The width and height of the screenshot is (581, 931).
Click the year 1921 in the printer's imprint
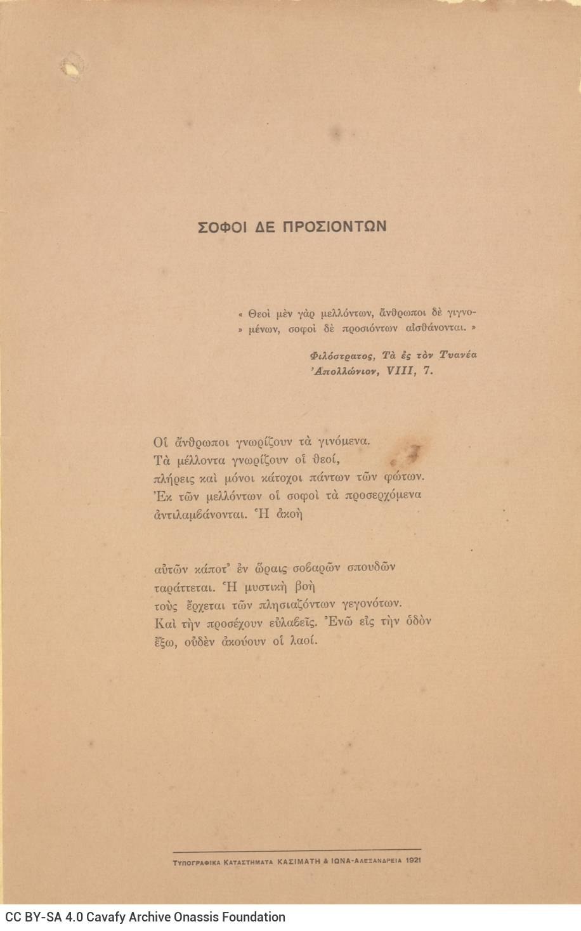click(x=413, y=861)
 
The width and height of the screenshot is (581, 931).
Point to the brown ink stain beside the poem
click(x=413, y=453)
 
